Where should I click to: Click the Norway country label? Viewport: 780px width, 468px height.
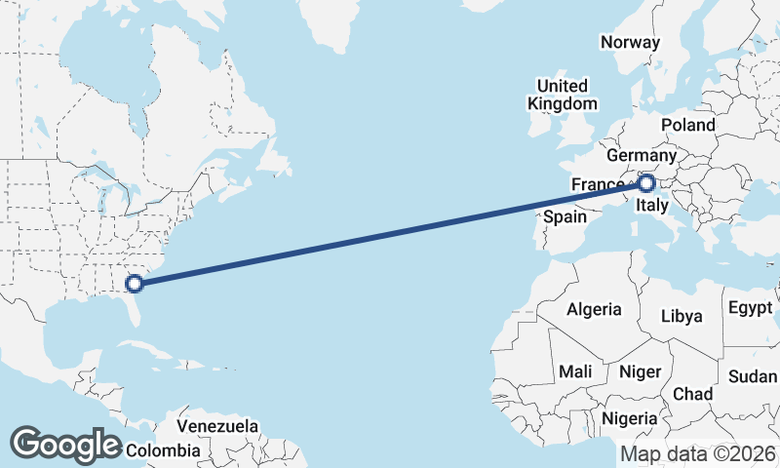pyautogui.click(x=630, y=42)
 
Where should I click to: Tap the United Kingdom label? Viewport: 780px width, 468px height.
pyautogui.click(x=562, y=95)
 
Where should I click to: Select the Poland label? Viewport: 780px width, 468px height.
pyautogui.click(x=687, y=125)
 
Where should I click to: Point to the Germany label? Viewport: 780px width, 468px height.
pyautogui.click(x=641, y=156)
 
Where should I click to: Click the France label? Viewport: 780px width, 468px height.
pyautogui.click(x=598, y=185)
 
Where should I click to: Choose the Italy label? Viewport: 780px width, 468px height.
pyautogui.click(x=651, y=206)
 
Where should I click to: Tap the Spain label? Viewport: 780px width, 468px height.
pyautogui.click(x=565, y=216)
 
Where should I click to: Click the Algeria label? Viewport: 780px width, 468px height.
pyautogui.click(x=594, y=309)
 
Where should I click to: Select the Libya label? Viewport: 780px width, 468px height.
pyautogui.click(x=681, y=317)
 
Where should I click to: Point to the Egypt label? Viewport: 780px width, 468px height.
pyautogui.click(x=750, y=309)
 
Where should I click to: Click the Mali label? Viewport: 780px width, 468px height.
pyautogui.click(x=575, y=371)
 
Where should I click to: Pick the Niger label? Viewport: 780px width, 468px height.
pyautogui.click(x=640, y=371)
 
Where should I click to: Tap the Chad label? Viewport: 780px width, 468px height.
pyautogui.click(x=692, y=394)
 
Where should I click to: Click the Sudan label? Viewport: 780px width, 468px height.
pyautogui.click(x=753, y=377)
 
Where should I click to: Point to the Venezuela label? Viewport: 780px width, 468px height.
pyautogui.click(x=217, y=426)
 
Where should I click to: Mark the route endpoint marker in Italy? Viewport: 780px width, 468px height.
pyautogui.click(x=646, y=182)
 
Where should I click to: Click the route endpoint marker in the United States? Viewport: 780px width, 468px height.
pyautogui.click(x=136, y=284)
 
